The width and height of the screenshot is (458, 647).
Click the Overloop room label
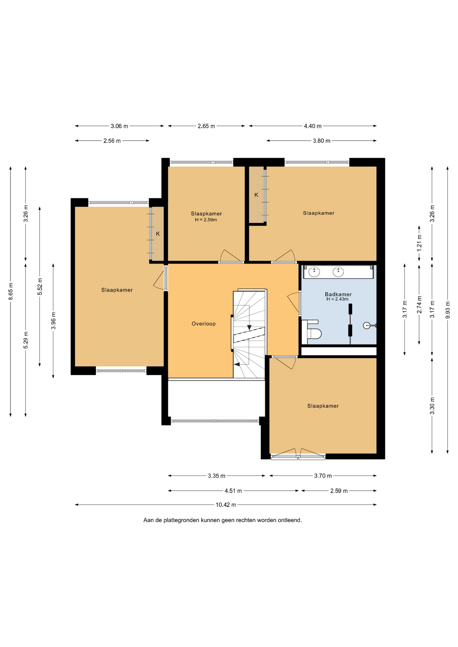[x=203, y=324]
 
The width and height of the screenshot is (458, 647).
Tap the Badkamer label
[x=338, y=294]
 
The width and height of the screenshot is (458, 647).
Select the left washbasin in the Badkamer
[x=315, y=272]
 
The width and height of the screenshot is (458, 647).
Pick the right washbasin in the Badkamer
[x=338, y=272]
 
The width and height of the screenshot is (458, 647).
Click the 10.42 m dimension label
[x=226, y=505]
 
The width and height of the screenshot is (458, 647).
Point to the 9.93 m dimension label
[x=448, y=310]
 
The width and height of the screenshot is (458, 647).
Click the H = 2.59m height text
[x=206, y=220]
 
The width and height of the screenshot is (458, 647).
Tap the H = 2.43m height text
[x=337, y=299]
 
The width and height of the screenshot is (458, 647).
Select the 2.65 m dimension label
[x=206, y=126]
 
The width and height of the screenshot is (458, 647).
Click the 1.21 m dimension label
[x=419, y=243]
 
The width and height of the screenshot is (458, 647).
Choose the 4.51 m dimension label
[x=233, y=491]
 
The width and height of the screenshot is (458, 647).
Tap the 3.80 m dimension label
[x=321, y=141]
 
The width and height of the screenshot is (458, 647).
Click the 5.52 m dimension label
[x=40, y=286]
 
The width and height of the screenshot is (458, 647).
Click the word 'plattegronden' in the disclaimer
[x=181, y=520]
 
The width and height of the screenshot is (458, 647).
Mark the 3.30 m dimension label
[x=432, y=406]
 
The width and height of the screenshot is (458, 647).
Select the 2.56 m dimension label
[x=112, y=141]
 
